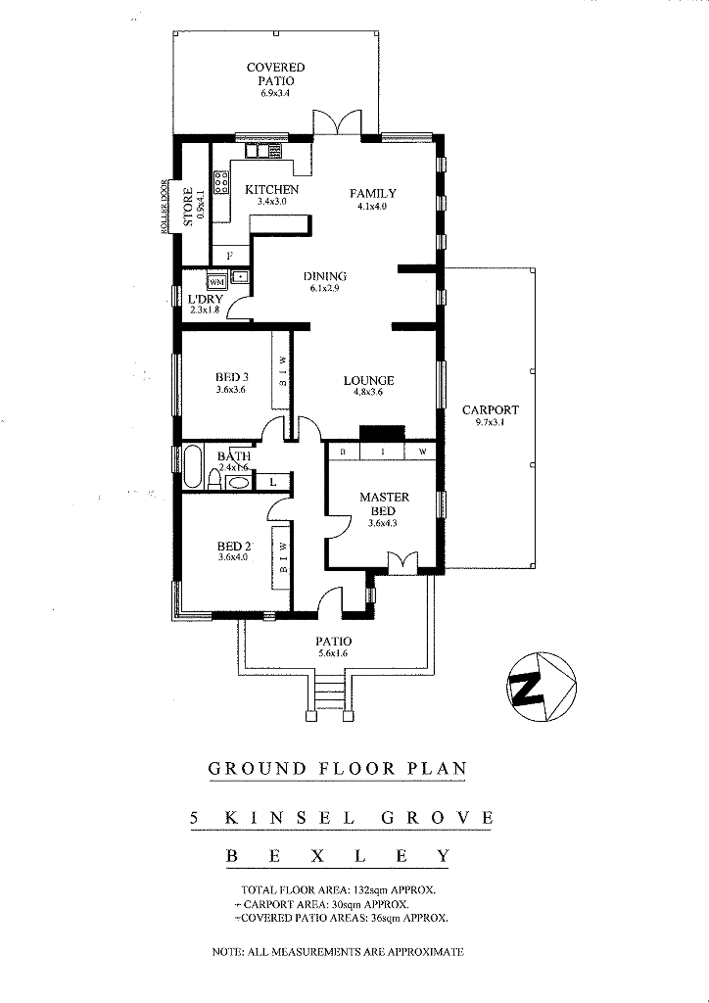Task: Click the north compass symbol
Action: click(x=542, y=687)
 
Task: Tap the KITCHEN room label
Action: click(x=271, y=190)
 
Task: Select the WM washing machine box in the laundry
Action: click(x=216, y=281)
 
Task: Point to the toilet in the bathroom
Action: click(x=214, y=480)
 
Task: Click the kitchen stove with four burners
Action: click(x=221, y=182)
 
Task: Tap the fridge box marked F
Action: click(x=230, y=256)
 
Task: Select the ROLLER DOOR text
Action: click(x=165, y=207)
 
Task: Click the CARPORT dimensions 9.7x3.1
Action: click(x=491, y=422)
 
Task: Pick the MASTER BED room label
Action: click(x=384, y=503)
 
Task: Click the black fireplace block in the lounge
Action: click(x=382, y=433)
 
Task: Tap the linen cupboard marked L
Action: click(x=273, y=482)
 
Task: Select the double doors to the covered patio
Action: click(x=338, y=122)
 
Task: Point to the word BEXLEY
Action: click(x=338, y=856)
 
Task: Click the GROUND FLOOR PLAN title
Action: click(x=338, y=768)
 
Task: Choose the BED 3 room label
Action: click(x=231, y=377)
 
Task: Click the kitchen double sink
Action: click(x=263, y=151)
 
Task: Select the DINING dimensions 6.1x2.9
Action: click(x=325, y=289)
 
